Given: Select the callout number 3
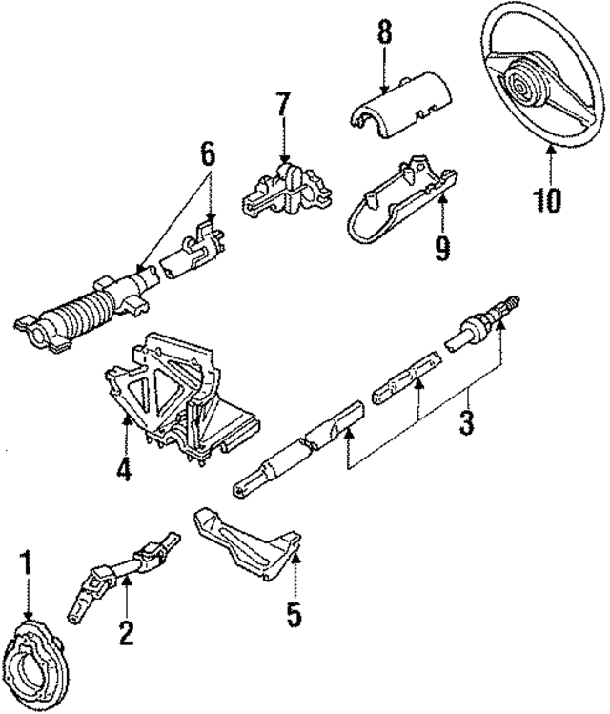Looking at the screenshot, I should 465,420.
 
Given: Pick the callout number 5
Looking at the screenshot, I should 294,613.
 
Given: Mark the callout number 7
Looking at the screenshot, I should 283,106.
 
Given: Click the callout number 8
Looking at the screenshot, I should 383,33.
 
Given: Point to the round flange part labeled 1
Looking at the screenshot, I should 38,658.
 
